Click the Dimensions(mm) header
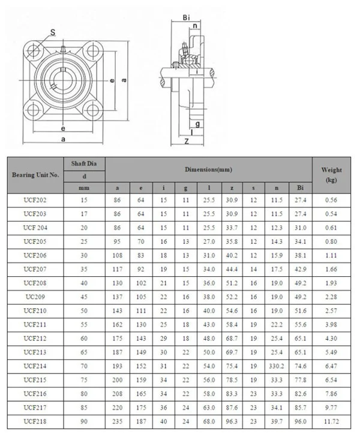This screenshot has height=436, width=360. (208, 171)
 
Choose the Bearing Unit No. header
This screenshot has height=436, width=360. (35, 175)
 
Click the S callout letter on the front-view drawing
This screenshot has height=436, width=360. (53, 32)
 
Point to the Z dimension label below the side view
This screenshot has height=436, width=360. (187, 142)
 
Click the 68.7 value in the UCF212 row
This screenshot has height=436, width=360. (232, 339)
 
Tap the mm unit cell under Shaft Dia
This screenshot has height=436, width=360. (85, 188)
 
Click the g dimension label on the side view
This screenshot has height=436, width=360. (197, 124)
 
